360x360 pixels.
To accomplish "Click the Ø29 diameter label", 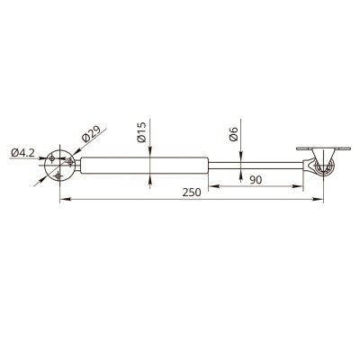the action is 91,132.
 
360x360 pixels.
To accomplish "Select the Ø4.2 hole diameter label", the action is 22,153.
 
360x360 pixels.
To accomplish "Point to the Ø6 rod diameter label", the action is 233,134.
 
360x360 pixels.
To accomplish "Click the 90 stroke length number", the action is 256,180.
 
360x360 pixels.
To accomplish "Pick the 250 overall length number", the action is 192,193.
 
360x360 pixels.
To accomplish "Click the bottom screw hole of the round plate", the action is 58,175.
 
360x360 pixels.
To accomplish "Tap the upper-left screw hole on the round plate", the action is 52,158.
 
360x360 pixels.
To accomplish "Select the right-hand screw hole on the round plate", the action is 70,162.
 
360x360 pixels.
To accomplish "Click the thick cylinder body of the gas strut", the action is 144,166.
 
